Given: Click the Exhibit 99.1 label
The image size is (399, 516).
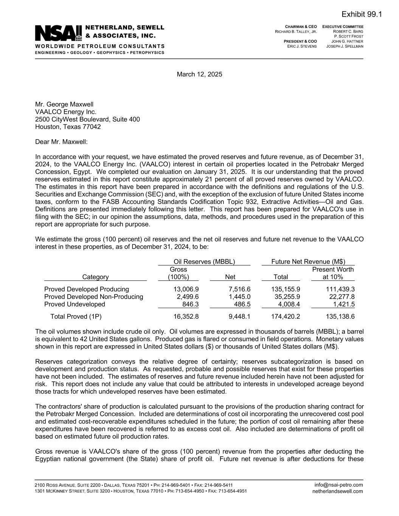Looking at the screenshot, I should (x=362, y=14).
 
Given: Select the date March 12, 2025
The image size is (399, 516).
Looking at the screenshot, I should (x=199, y=74).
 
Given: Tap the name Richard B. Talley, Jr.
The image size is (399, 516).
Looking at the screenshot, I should (x=296, y=32).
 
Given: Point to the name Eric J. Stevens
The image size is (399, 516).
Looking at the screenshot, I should (x=302, y=46).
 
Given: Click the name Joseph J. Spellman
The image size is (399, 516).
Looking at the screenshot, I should (x=345, y=46).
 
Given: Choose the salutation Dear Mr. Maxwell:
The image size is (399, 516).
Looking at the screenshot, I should (x=61, y=142).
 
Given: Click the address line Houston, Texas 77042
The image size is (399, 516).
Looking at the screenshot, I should (x=68, y=127).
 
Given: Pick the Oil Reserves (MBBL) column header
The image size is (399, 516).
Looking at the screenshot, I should (x=204, y=262).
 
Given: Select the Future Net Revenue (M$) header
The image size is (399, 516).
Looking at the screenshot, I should (x=308, y=262).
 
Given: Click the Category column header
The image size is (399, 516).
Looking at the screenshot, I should (x=95, y=277).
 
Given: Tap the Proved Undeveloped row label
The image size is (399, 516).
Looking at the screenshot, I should (x=75, y=304).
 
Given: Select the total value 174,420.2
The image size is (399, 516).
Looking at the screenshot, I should (x=286, y=316).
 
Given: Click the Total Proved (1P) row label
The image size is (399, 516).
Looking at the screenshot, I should (x=76, y=316).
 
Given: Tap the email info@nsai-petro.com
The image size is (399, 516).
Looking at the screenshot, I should (x=338, y=485).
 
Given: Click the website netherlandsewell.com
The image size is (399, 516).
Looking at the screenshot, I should (x=337, y=491).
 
